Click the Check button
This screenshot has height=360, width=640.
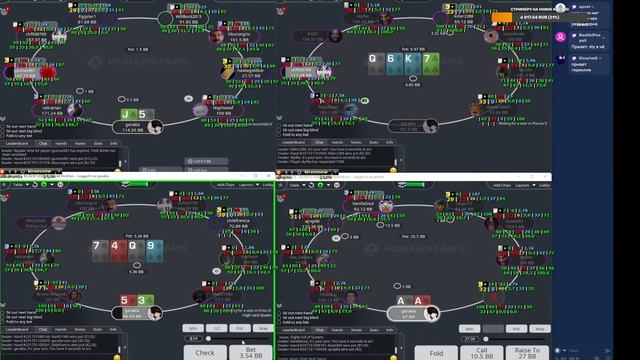[x=204, y=351]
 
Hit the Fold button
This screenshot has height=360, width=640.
[x=436, y=351]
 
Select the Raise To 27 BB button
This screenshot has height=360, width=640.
[x=527, y=351]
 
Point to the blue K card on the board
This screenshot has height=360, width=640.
[x=410, y=61]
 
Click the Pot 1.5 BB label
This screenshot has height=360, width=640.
[x=137, y=48]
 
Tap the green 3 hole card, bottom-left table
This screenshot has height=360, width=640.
[x=143, y=301]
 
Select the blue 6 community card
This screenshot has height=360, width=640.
[x=393, y=61]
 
